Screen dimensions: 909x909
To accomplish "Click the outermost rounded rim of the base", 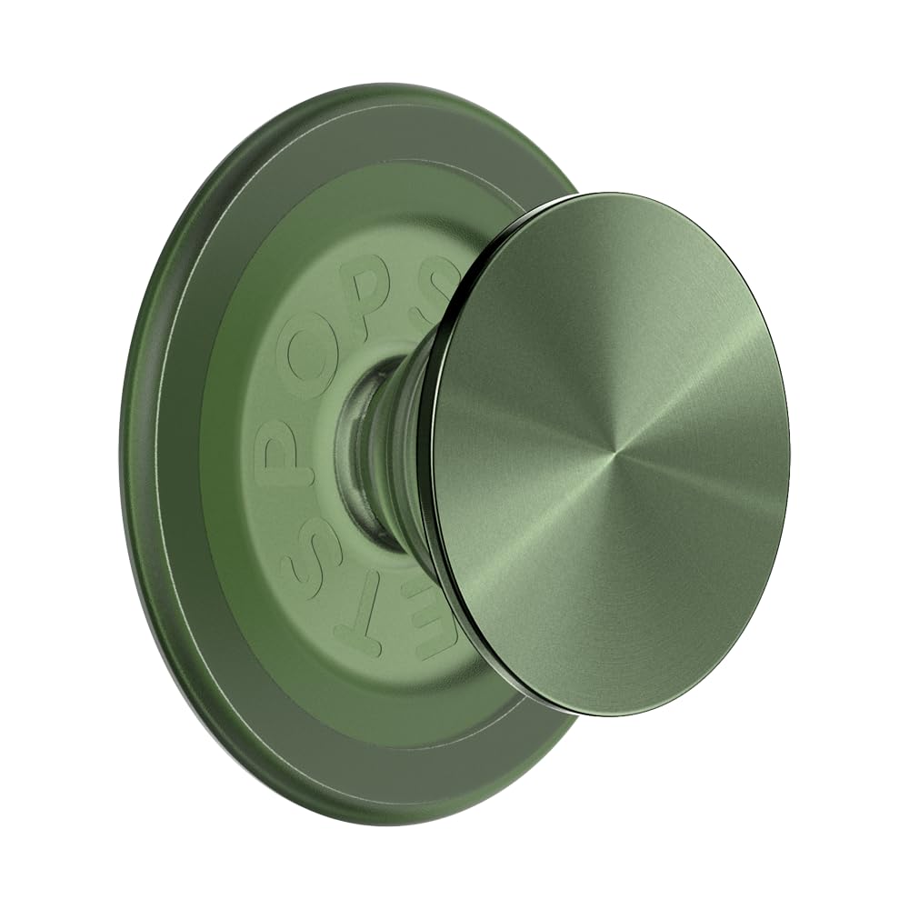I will coord(136,454).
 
